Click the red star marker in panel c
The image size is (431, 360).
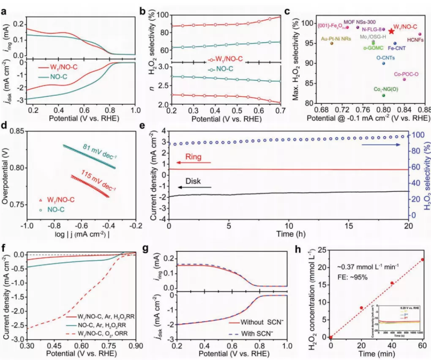392,31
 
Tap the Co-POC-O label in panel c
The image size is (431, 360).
406,74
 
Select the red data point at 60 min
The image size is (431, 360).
422,259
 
